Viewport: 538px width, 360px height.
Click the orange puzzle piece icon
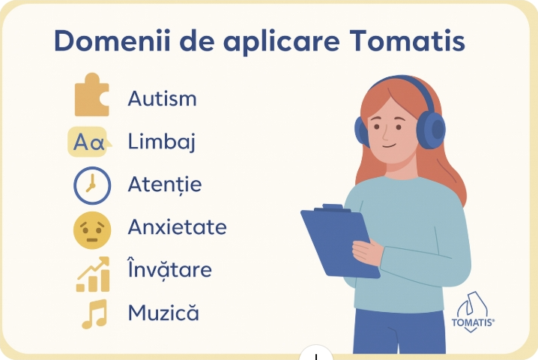pyautogui.click(x=91, y=96)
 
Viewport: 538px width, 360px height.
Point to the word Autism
pyautogui.click(x=162, y=98)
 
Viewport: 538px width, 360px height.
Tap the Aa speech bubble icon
pyautogui.click(x=89, y=142)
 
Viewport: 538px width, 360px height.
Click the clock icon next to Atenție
pyautogui.click(x=91, y=184)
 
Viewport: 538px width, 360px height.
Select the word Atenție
pyautogui.click(x=164, y=184)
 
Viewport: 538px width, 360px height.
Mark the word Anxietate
pyautogui.click(x=177, y=227)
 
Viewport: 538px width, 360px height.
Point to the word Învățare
pyautogui.click(x=169, y=268)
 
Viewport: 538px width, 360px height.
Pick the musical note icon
pyautogui.click(x=94, y=314)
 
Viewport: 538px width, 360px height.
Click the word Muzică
pyautogui.click(x=163, y=312)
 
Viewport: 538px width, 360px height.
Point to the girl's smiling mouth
pyautogui.click(x=390, y=145)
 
